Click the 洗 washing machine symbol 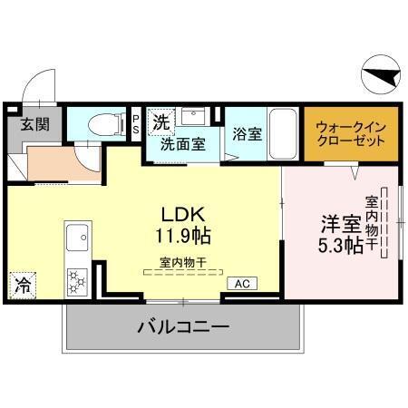coord(160,121)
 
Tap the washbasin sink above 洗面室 coord(193,118)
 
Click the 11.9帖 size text coord(186,237)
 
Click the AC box coord(241,284)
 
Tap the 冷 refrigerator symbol coord(22,287)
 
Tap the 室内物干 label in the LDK coord(184,262)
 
